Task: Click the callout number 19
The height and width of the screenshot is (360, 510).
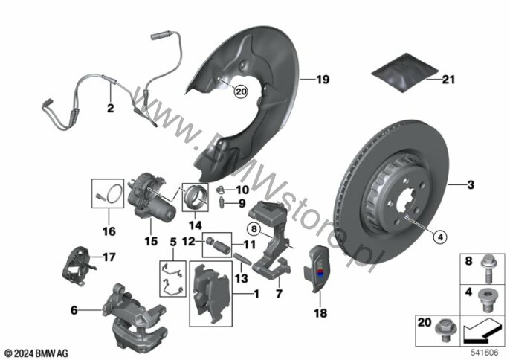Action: [323, 80]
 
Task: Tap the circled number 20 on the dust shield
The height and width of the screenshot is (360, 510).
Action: [241, 91]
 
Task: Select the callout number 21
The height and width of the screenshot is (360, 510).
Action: [448, 80]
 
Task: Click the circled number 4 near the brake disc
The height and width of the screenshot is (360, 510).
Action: [440, 237]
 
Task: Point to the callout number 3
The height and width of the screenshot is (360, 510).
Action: [471, 185]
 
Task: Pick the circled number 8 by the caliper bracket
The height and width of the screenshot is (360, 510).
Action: [254, 229]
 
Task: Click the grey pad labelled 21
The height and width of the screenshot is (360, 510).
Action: [405, 73]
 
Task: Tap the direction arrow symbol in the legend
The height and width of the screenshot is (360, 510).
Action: [481, 331]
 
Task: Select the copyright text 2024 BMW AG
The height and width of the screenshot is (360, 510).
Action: [36, 353]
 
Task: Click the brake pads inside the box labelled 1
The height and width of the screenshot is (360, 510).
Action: [211, 294]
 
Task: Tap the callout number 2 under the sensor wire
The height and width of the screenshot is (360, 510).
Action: [111, 108]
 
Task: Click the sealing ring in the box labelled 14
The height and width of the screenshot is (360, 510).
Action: [196, 197]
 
